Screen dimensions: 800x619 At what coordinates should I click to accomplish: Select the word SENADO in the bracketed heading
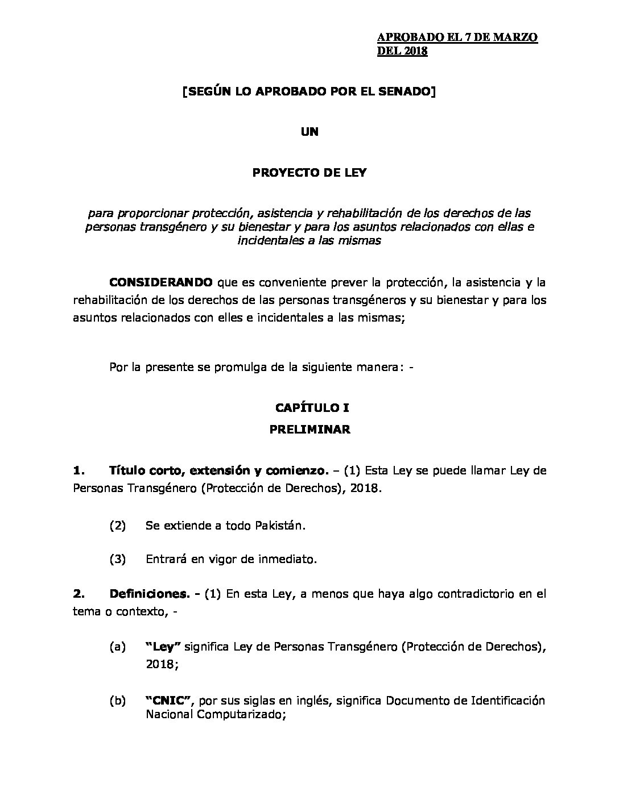tap(405, 92)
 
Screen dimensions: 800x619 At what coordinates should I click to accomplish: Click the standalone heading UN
tap(309, 132)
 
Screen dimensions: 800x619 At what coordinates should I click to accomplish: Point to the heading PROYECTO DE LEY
tap(309, 173)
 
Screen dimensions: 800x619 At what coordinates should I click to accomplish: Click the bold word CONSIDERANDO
tap(162, 282)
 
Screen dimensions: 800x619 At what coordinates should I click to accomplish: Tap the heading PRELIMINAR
tap(309, 430)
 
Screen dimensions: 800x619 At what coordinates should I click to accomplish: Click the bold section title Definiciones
tap(149, 594)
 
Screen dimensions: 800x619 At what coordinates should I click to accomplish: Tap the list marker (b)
tap(117, 701)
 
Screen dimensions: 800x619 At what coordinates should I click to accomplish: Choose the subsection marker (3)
tap(117, 559)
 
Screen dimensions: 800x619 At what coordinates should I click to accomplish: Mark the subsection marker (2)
tap(117, 526)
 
